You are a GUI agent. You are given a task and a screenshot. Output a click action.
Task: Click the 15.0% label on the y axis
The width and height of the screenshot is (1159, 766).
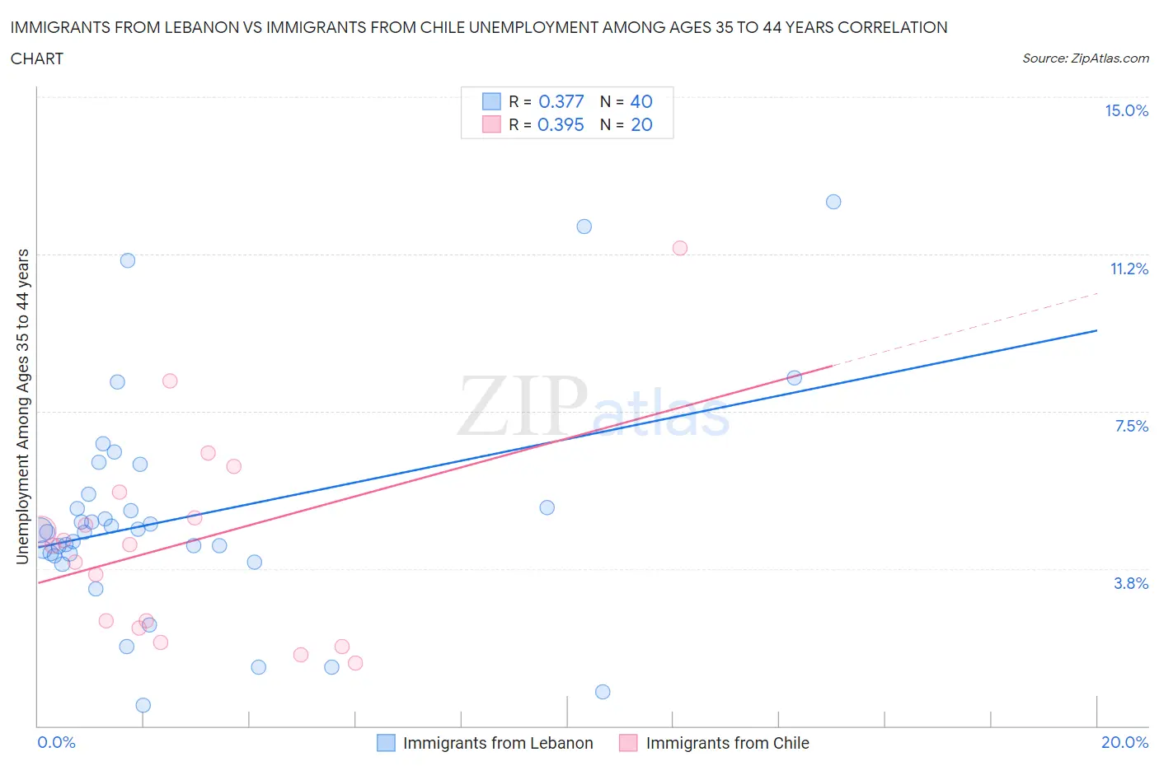1126,110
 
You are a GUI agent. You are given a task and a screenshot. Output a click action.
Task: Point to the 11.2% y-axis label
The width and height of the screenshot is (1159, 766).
1128,269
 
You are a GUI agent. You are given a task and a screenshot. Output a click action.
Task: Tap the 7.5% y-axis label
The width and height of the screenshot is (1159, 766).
1131,426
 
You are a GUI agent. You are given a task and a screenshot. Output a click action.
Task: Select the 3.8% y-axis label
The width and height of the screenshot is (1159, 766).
1131,583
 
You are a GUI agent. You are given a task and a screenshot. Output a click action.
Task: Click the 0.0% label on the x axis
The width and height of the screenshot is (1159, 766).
56,742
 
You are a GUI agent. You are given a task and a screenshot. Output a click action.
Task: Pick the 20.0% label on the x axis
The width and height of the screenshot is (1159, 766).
1124,742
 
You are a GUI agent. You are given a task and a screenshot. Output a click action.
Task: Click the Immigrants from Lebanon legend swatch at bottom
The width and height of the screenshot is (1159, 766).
386,743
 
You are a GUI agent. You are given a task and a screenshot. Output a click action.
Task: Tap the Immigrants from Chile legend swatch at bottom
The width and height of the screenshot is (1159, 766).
628,743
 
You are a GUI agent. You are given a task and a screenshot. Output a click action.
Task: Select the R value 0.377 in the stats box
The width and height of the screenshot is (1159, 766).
561,101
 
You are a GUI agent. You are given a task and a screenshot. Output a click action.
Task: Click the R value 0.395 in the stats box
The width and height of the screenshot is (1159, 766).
561,124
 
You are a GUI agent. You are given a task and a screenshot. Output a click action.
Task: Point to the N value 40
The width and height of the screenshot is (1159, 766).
641,101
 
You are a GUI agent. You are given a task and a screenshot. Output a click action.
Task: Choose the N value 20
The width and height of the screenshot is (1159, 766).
641,124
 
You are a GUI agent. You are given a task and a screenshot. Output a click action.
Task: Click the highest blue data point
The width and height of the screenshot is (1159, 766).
833,202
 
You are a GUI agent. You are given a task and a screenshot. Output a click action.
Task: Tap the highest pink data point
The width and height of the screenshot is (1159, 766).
680,248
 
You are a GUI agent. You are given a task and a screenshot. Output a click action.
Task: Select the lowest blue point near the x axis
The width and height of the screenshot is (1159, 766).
143,705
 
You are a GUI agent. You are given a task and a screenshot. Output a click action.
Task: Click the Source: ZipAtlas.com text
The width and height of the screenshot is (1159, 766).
1085,58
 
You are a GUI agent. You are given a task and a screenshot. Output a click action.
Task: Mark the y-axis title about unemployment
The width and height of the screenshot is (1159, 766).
22,406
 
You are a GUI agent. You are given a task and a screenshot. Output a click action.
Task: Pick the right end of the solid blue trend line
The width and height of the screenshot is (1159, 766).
1096,330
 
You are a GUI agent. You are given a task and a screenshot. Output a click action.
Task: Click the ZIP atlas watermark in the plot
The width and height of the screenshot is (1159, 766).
594,406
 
